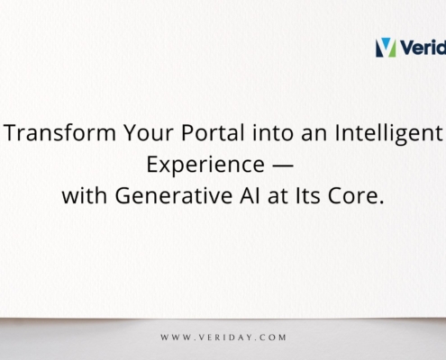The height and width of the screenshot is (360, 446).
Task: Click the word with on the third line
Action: point(81,197)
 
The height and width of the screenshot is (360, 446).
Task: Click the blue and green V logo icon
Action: point(385,47)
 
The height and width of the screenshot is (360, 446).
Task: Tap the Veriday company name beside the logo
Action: point(423,47)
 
